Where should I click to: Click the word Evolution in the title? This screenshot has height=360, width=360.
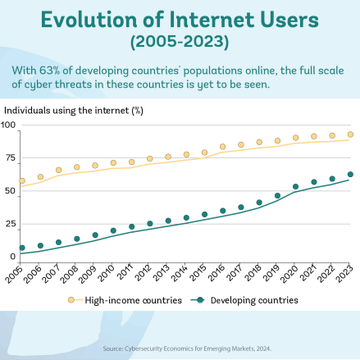pos(89,20)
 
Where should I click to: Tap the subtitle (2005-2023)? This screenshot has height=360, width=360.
pos(180,42)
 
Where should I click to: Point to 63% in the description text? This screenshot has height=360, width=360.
pos(49,71)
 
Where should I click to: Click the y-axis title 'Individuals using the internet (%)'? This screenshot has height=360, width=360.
pos(74,111)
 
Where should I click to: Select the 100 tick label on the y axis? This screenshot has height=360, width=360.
pos(8,125)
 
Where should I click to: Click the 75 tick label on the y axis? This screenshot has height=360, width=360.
pos(11,157)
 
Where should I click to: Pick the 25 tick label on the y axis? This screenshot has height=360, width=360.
pos(11,224)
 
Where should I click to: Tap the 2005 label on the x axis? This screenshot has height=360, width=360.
pos(13,274)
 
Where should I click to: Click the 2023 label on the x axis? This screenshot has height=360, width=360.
pos(344,273)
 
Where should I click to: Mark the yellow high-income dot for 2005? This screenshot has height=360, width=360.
pos(22,180)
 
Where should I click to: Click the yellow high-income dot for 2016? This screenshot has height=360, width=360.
pos(223,147)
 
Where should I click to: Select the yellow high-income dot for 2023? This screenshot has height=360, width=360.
pos(350,134)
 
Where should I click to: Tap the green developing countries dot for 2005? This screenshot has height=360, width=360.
pos(22,248)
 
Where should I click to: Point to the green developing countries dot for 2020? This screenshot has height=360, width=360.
pos(295,187)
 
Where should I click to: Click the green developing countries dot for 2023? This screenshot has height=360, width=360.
pos(350,175)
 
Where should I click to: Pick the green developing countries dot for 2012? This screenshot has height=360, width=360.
pos(150,224)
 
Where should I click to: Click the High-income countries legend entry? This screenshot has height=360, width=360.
pos(125,300)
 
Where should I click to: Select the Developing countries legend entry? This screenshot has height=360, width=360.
pos(244,300)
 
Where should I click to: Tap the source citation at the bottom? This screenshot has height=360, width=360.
pos(187,349)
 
